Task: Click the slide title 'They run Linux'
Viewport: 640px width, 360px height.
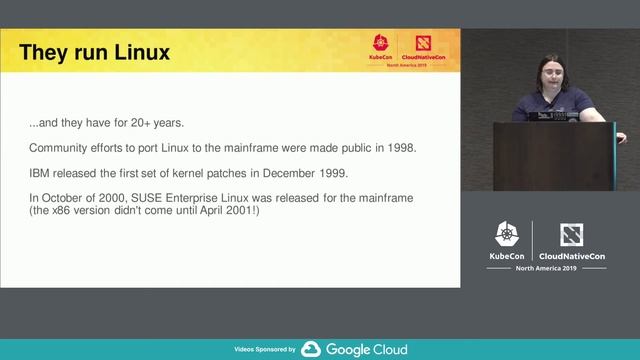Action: (x=94, y=52)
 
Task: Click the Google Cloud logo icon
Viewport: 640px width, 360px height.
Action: (x=311, y=349)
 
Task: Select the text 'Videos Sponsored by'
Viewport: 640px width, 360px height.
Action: (x=264, y=350)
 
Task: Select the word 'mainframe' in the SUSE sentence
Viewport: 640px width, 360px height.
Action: (x=380, y=198)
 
